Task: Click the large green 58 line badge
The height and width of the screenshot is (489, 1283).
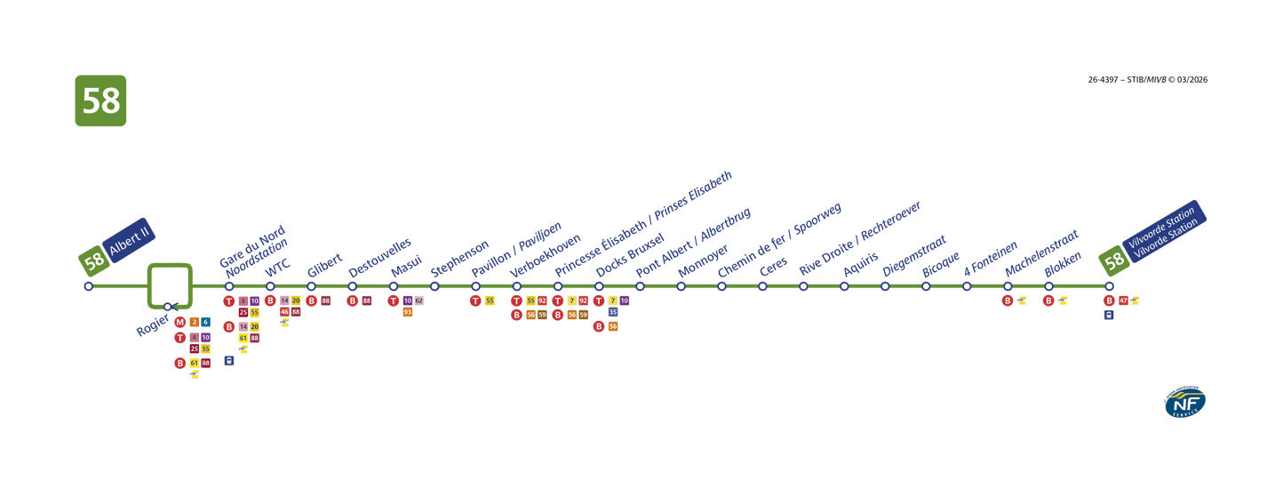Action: [x=100, y=100]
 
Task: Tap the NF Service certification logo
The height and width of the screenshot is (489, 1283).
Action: [x=1185, y=403]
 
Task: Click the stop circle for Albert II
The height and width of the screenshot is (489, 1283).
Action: [x=88, y=286]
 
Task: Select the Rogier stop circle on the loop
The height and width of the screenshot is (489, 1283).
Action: [x=168, y=307]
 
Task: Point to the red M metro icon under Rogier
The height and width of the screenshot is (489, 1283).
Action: [x=180, y=322]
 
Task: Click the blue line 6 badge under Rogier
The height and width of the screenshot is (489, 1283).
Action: [x=206, y=322]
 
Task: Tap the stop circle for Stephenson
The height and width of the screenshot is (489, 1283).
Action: [x=434, y=286]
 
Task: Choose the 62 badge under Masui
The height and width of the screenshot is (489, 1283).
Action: [x=419, y=301]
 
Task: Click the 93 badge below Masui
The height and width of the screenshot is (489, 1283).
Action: [x=408, y=312]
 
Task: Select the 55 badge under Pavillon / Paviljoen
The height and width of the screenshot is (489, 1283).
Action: [x=490, y=301]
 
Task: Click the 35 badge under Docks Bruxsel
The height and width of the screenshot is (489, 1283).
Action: [x=613, y=312]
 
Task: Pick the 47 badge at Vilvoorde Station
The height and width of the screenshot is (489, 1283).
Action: [x=1123, y=301]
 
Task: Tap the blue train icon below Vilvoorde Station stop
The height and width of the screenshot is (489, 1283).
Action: [x=1109, y=315]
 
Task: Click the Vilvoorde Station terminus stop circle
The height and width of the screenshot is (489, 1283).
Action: [x=1109, y=286]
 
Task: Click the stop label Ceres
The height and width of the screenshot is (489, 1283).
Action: [x=774, y=266]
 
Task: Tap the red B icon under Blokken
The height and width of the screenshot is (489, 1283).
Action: [x=1048, y=301]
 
